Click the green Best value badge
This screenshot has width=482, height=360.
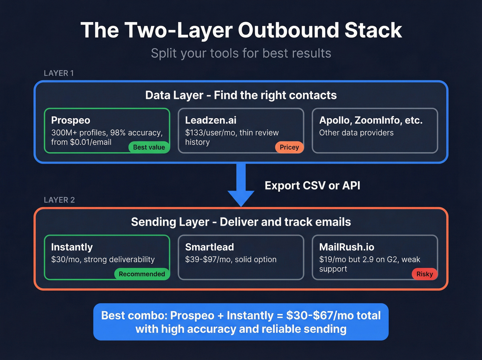coord(149,147)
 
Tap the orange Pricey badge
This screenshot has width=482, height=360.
coord(289,147)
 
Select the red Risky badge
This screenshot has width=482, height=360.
coord(425,274)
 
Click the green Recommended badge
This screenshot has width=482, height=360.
coord(142,274)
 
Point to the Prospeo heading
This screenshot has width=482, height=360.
coord(71,120)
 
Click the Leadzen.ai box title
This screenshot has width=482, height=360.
coord(211,120)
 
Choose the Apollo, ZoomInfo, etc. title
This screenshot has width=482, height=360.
coord(371,120)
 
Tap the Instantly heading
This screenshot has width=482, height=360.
coord(72,247)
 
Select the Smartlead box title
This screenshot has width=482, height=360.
coord(209,247)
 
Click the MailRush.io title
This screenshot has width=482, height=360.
coord(347,247)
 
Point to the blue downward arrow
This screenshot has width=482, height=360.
coord(241,188)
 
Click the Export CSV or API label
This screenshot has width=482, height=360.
coord(312,186)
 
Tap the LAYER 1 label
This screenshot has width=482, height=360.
coord(59,73)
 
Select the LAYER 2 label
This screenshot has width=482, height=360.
coord(59,200)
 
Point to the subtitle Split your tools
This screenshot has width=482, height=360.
coord(241,53)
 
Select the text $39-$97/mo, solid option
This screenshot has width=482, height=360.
coord(231,259)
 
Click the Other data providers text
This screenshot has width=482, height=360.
coord(356,133)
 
